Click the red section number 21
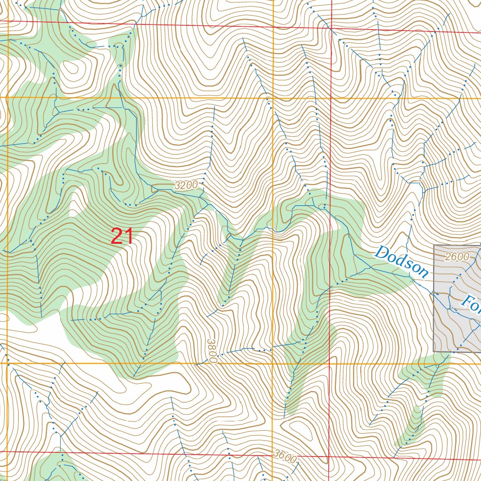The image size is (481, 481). click(122, 236)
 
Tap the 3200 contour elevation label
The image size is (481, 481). click(186, 185)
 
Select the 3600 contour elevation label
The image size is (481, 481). click(285, 457)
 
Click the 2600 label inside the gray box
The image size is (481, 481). click(457, 256)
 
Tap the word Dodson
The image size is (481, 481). click(402, 262)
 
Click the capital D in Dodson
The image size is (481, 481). click(382, 254)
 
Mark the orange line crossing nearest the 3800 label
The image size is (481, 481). click(273, 363)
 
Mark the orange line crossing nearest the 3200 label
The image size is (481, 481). click(273, 98)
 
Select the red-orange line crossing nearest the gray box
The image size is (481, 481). click(329, 363)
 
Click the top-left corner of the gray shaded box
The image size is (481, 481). click(434, 245)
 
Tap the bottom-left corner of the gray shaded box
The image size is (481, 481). click(434, 351)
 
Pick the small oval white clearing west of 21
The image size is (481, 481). click(75, 207)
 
